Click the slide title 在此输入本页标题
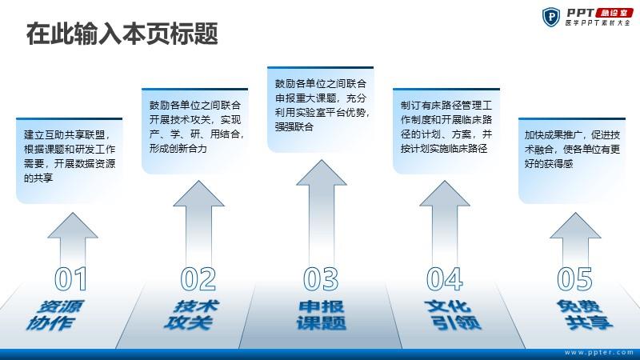tap(122, 34)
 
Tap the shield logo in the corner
tap(551, 17)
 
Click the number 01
tap(71, 279)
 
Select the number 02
tap(198, 279)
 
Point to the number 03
tap(321, 279)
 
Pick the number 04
tap(445, 279)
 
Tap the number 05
tap(574, 279)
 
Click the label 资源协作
tap(55, 315)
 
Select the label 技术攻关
tap(192, 315)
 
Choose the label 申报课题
tap(322, 315)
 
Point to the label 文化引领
tap(452, 315)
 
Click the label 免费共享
tap(585, 315)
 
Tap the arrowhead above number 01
tap(73, 226)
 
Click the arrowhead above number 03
tap(322, 173)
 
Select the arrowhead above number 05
tap(575, 226)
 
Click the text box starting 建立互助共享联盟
tap(70, 161)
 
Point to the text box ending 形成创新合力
tap(194, 131)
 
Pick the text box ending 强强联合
tap(321, 110)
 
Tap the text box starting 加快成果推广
tap(572, 161)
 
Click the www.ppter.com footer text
tap(599, 352)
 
